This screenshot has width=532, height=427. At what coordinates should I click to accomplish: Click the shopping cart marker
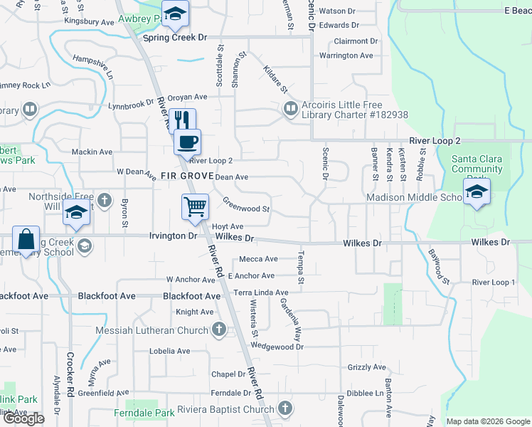pyautogui.click(x=195, y=207)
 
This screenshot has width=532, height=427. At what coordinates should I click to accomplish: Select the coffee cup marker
pyautogui.click(x=188, y=141)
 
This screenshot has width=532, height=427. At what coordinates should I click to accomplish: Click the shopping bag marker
pyautogui.click(x=25, y=241)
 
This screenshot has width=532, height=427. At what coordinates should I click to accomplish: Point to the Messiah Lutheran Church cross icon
pyautogui.click(x=219, y=330)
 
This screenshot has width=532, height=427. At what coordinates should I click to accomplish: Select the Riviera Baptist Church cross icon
pyautogui.click(x=284, y=408)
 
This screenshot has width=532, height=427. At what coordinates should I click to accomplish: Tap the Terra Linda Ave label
pyautogui.click(x=261, y=292)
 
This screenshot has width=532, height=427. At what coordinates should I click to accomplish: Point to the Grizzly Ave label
pyautogui.click(x=367, y=367)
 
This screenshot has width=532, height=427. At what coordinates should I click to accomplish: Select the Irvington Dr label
pyautogui.click(x=173, y=236)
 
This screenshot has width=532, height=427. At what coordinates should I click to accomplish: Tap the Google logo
pyautogui.click(x=23, y=418)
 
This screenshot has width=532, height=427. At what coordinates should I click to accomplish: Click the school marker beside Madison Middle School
pyautogui.click(x=476, y=191)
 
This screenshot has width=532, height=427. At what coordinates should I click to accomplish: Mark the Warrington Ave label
pyautogui.click(x=346, y=56)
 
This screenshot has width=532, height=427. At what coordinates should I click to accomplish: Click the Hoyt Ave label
pyautogui.click(x=228, y=226)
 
